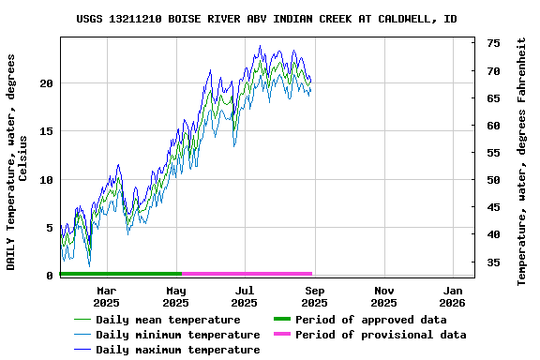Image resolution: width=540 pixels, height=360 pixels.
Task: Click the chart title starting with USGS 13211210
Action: pyautogui.click(x=267, y=19)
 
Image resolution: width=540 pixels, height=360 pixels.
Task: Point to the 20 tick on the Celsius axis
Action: pyautogui.click(x=47, y=83)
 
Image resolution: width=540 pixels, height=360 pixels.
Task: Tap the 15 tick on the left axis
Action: pyautogui.click(x=47, y=131)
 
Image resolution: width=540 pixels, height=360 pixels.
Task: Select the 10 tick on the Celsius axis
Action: pyautogui.click(x=47, y=179)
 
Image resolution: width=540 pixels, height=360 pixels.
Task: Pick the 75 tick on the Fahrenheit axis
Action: pyautogui.click(x=493, y=43)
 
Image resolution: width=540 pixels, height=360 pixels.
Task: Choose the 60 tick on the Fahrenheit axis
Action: pyautogui.click(x=493, y=125)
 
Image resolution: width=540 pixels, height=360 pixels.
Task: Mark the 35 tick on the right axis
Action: pyautogui.click(x=493, y=262)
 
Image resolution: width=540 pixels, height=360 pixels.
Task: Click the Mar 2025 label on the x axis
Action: pyautogui.click(x=106, y=296)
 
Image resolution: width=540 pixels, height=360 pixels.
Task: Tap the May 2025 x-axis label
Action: pyautogui.click(x=175, y=296)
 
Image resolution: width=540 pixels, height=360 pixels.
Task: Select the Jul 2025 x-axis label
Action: pyautogui.click(x=244, y=296)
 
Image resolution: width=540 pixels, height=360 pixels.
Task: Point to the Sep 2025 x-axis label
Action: pyautogui.click(x=314, y=296)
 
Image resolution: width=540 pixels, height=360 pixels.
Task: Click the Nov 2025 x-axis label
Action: pyautogui.click(x=383, y=296)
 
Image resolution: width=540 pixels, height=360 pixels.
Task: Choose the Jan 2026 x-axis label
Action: pyautogui.click(x=452, y=296)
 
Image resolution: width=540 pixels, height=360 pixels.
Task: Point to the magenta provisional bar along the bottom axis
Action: pyautogui.click(x=247, y=274)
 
